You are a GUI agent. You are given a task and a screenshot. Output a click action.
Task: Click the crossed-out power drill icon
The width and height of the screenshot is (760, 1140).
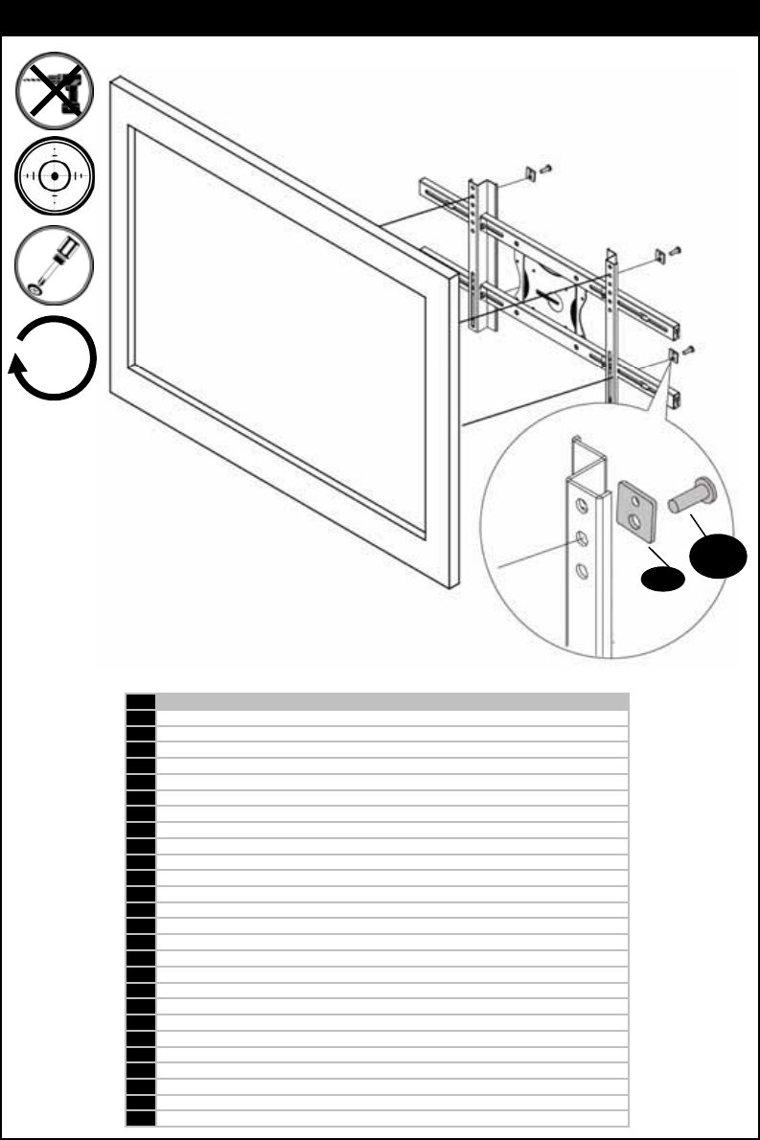(55, 89)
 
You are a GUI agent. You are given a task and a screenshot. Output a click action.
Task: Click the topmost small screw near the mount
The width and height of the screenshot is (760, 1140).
(547, 169)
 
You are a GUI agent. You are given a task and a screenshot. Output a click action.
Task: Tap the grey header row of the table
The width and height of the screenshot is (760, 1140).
(392, 701)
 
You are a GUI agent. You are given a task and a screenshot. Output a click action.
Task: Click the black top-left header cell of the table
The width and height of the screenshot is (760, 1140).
(140, 701)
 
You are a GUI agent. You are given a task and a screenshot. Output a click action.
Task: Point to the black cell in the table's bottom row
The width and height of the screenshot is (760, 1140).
(140, 1117)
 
